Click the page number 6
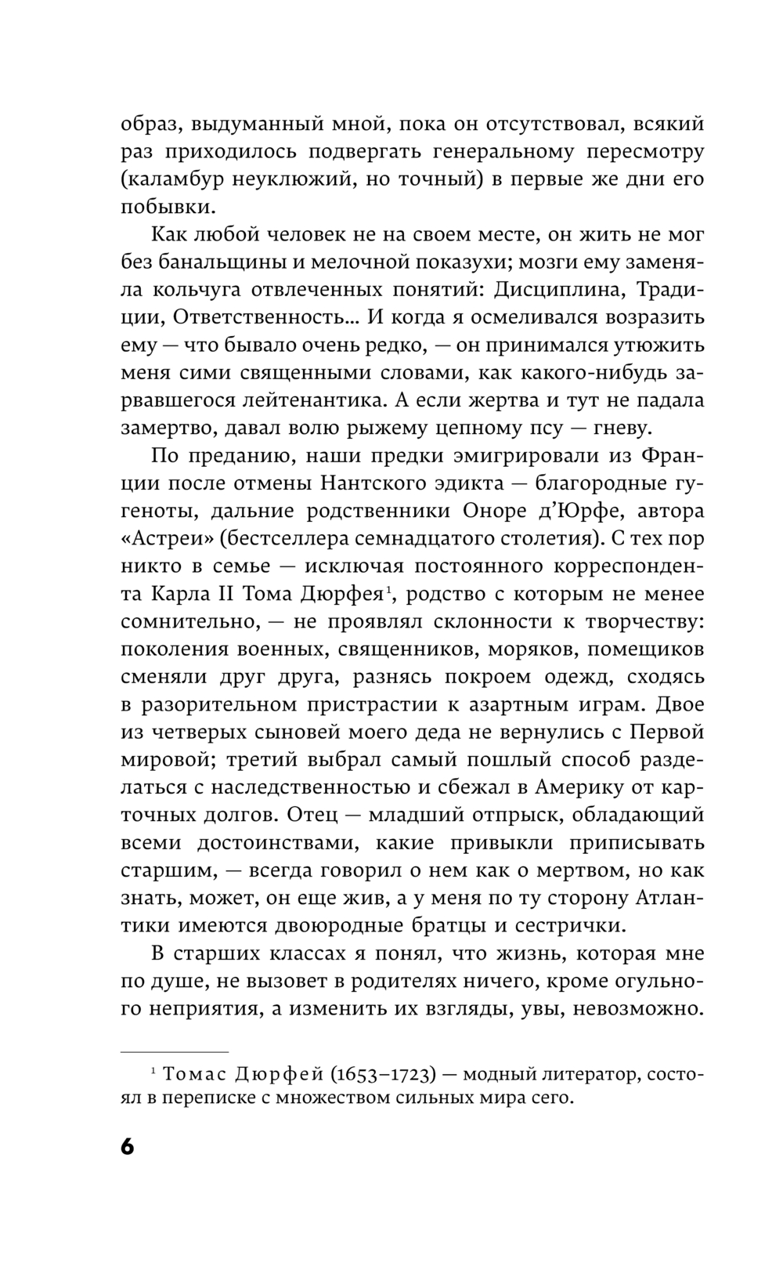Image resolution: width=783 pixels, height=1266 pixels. [128, 1146]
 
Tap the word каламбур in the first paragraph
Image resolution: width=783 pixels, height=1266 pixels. [175, 179]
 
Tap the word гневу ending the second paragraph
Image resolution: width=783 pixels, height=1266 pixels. [630, 428]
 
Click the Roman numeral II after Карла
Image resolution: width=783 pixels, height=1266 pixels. [200, 594]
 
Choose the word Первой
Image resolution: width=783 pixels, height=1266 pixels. [667, 732]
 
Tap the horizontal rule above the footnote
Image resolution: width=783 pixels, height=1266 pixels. [175, 1051]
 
